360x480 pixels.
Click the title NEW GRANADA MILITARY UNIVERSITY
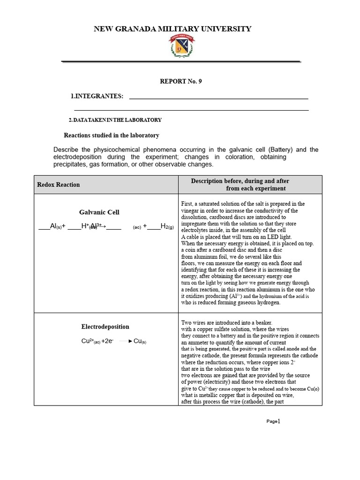coord(172,29)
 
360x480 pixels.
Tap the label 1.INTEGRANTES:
coord(97,96)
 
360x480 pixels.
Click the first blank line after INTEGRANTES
coord(218,98)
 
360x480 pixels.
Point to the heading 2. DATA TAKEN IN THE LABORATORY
coord(115,120)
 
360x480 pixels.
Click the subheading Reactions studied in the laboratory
coord(112,135)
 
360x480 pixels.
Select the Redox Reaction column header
coord(59,185)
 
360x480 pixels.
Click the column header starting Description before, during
coord(240,181)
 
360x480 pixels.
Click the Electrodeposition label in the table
coord(105,327)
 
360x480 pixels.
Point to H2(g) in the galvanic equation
coord(166,226)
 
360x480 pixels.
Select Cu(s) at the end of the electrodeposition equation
coord(140,341)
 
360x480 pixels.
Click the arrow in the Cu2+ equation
coord(125,341)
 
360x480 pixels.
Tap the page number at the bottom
coord(273,421)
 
